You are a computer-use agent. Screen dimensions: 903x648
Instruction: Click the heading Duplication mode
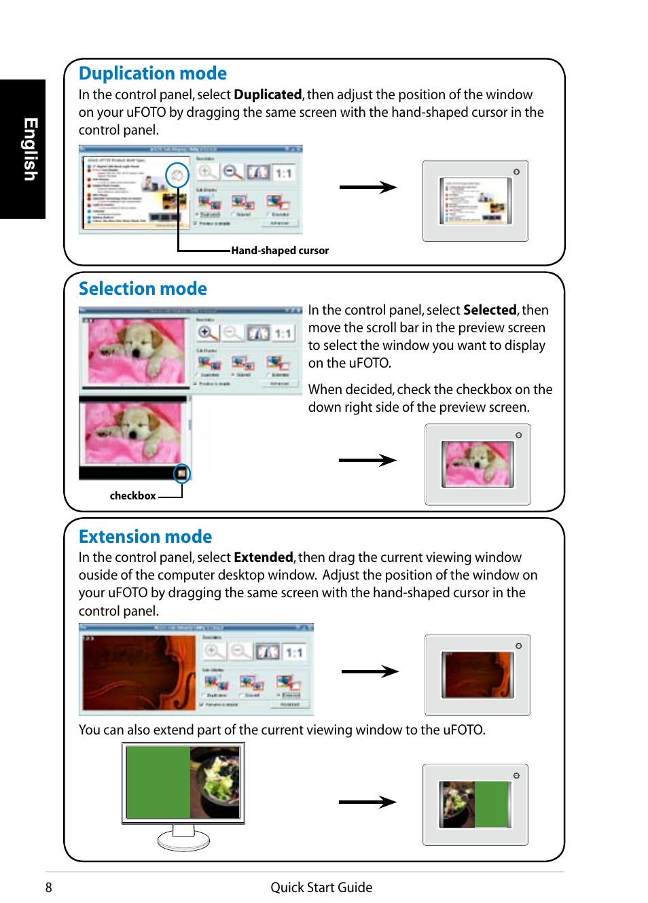pyautogui.click(x=152, y=73)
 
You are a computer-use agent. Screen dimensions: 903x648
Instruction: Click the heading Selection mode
pyautogui.click(x=143, y=289)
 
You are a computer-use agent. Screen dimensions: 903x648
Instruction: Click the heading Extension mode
pyautogui.click(x=145, y=537)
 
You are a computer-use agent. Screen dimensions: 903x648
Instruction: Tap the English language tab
pyautogui.click(x=29, y=149)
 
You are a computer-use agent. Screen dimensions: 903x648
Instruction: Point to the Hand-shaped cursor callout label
pyautogui.click(x=279, y=251)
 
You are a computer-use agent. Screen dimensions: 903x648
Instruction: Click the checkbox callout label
pyautogui.click(x=132, y=496)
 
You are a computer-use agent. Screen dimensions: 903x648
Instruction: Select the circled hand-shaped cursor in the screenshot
pyautogui.click(x=177, y=176)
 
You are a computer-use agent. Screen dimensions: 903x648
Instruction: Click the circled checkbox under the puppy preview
pyautogui.click(x=182, y=473)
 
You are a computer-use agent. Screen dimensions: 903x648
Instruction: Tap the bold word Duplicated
pyautogui.click(x=268, y=95)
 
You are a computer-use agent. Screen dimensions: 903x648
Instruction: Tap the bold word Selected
pyautogui.click(x=489, y=311)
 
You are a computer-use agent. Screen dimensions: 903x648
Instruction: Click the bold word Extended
pyautogui.click(x=263, y=558)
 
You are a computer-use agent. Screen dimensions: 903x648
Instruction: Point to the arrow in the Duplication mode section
pyautogui.click(x=367, y=188)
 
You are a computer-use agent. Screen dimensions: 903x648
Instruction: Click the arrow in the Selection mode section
pyautogui.click(x=367, y=461)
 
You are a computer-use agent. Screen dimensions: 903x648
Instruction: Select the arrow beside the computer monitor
pyautogui.click(x=367, y=802)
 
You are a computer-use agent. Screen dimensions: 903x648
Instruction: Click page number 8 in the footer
pyautogui.click(x=49, y=887)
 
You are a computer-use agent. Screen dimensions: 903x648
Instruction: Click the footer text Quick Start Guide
pyautogui.click(x=321, y=887)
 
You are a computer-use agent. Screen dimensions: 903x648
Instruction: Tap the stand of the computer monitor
pyautogui.click(x=183, y=837)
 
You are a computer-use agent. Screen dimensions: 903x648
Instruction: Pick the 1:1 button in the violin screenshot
pyautogui.click(x=293, y=653)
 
